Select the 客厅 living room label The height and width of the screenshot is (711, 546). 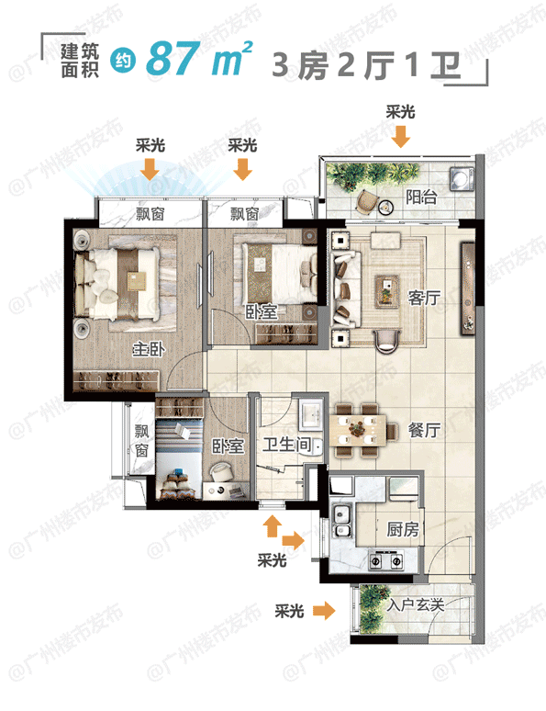point(423,297)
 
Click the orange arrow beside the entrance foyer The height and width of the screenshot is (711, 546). point(323,609)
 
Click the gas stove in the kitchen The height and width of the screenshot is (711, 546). point(386,559)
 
